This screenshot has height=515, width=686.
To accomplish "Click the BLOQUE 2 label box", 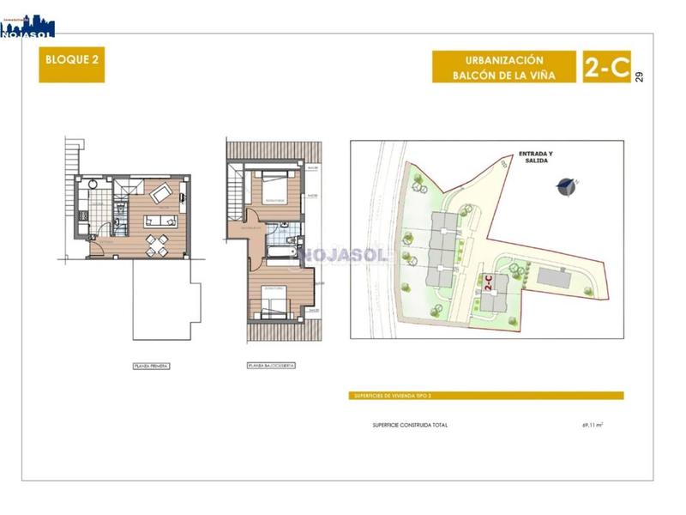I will tap(71, 67).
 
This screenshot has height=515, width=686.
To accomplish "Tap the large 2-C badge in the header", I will tap(606, 67).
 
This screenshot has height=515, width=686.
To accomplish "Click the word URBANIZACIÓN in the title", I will tap(504, 60).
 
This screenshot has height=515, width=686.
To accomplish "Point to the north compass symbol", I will tap(566, 185).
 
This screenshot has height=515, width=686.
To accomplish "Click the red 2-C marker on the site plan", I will tap(488, 284).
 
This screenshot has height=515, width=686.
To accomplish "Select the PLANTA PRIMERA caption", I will tap(151, 366).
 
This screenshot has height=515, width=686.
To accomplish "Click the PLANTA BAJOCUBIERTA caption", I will tap(271, 366).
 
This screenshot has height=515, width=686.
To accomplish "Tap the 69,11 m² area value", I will tap(592, 425).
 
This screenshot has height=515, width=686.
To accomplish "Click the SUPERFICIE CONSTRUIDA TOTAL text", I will tap(409, 425).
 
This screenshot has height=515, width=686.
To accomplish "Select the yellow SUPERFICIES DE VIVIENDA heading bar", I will tap(487, 396).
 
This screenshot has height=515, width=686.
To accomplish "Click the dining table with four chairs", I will tap(156, 244).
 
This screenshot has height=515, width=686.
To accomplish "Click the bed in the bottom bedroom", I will tap(275, 303).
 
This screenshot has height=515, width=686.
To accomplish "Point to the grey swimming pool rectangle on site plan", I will tap(556, 276).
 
